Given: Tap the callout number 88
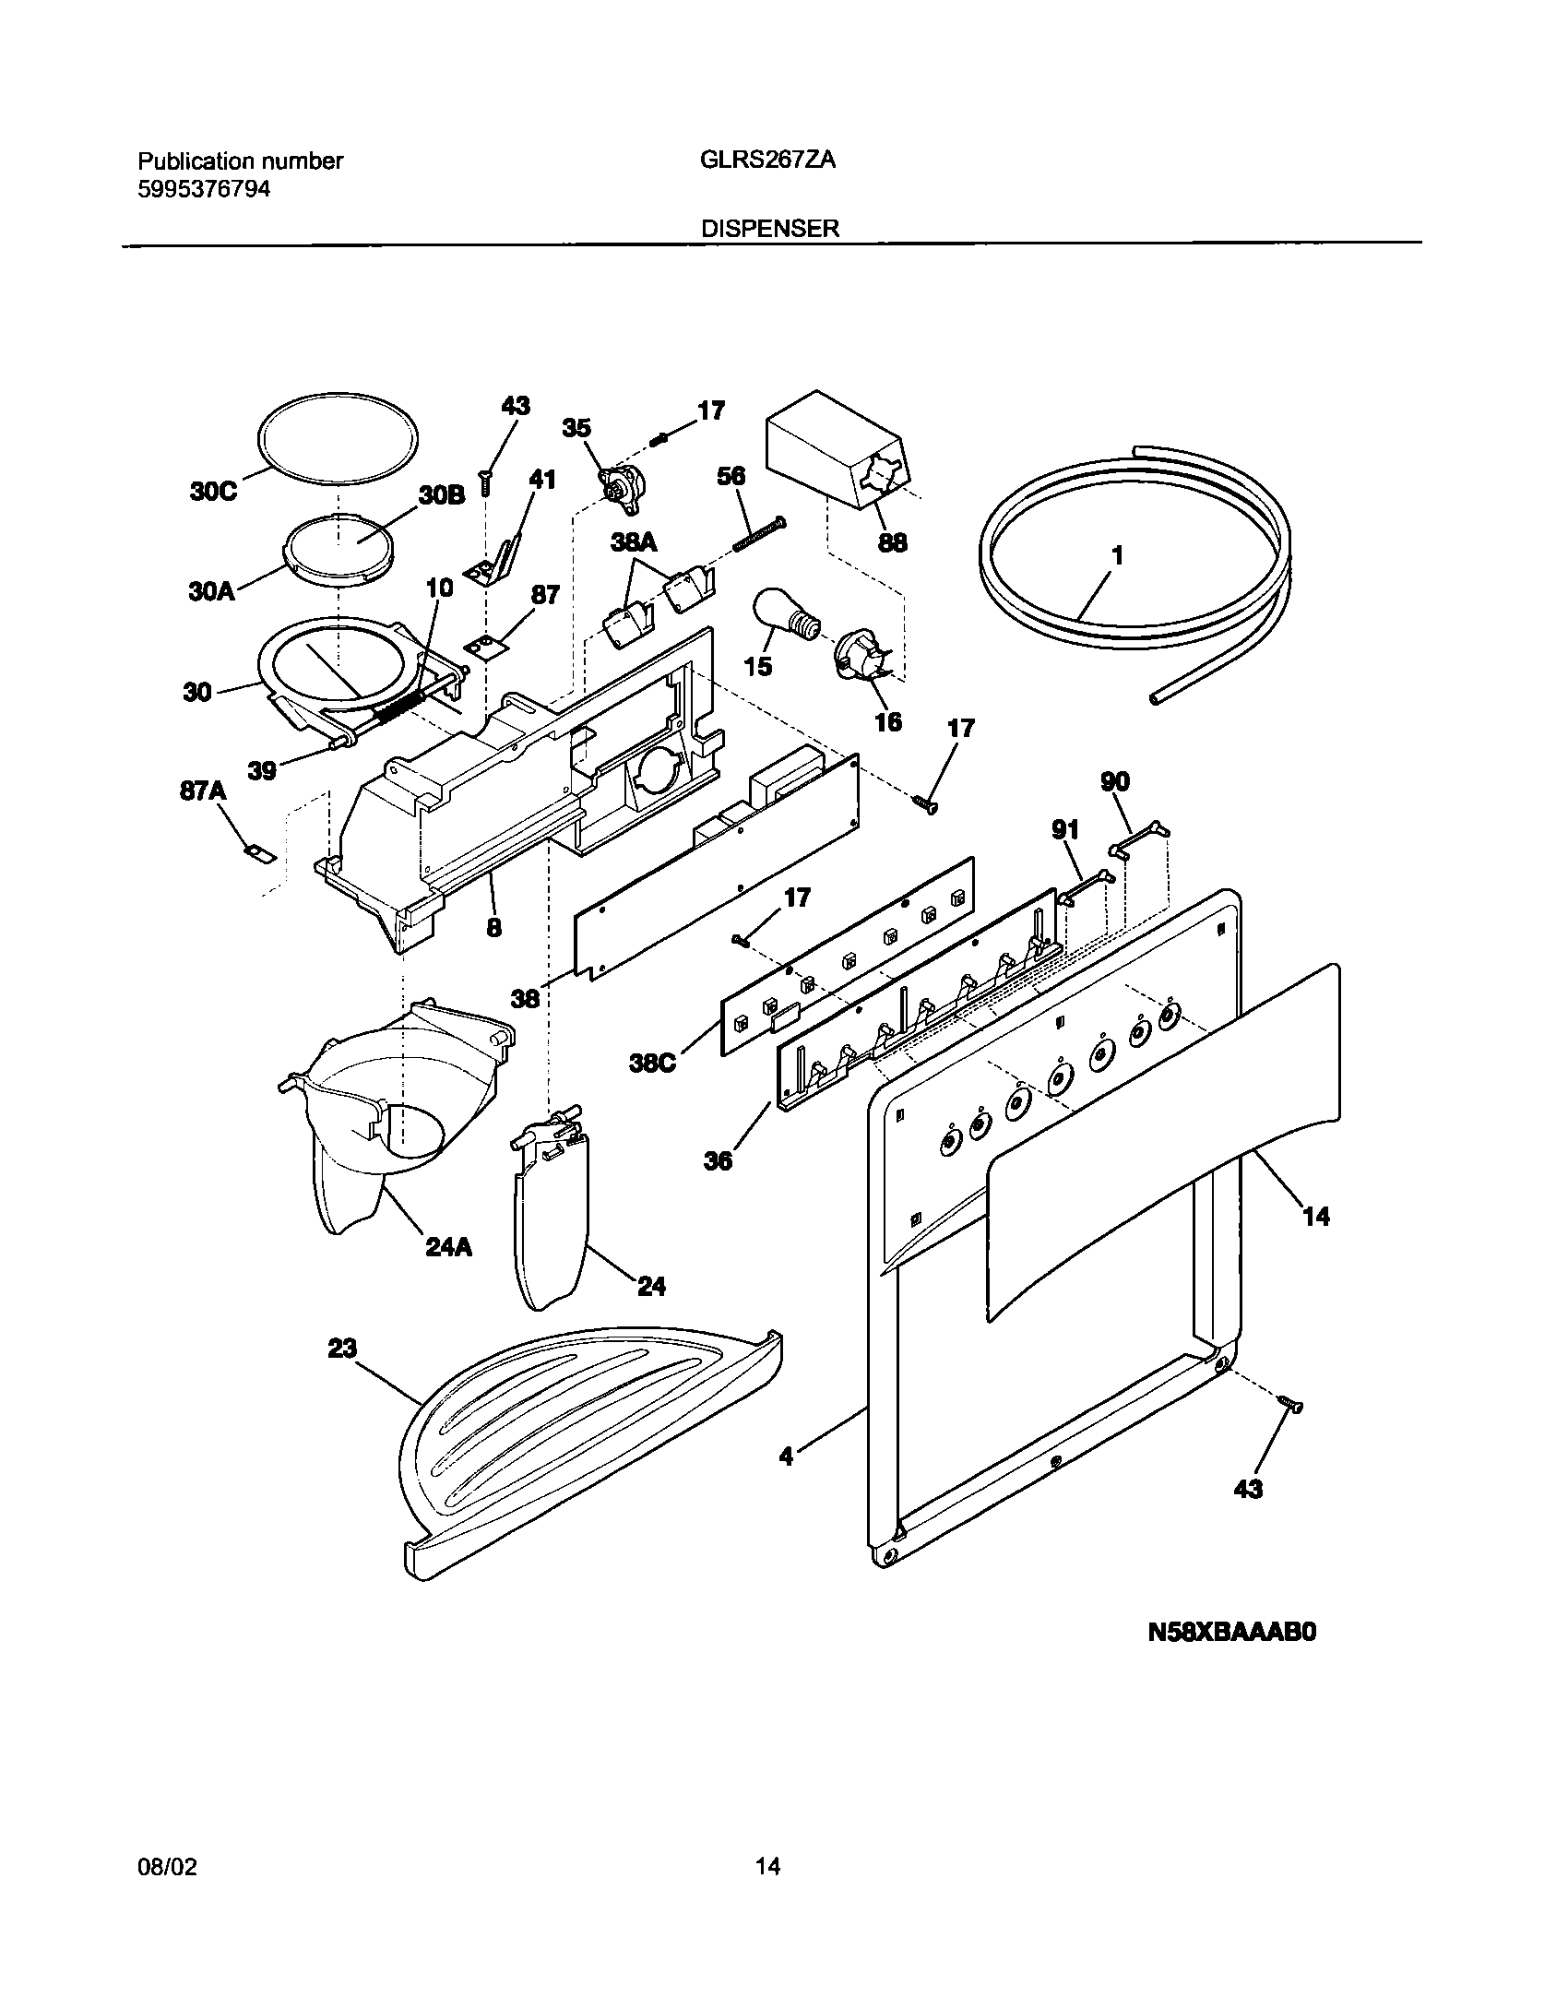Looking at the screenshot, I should [x=892, y=542].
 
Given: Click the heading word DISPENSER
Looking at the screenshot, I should [x=770, y=229].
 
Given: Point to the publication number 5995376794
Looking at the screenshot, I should [x=204, y=189].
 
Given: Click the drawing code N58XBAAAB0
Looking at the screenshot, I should [x=1231, y=1633].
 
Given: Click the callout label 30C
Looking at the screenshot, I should [x=213, y=492].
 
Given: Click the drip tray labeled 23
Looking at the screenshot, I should [x=590, y=1448].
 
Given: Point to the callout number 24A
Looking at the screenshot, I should [x=449, y=1247].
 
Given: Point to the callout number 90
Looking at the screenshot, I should [x=1115, y=782].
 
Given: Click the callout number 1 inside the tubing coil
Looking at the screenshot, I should [x=1117, y=555].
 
